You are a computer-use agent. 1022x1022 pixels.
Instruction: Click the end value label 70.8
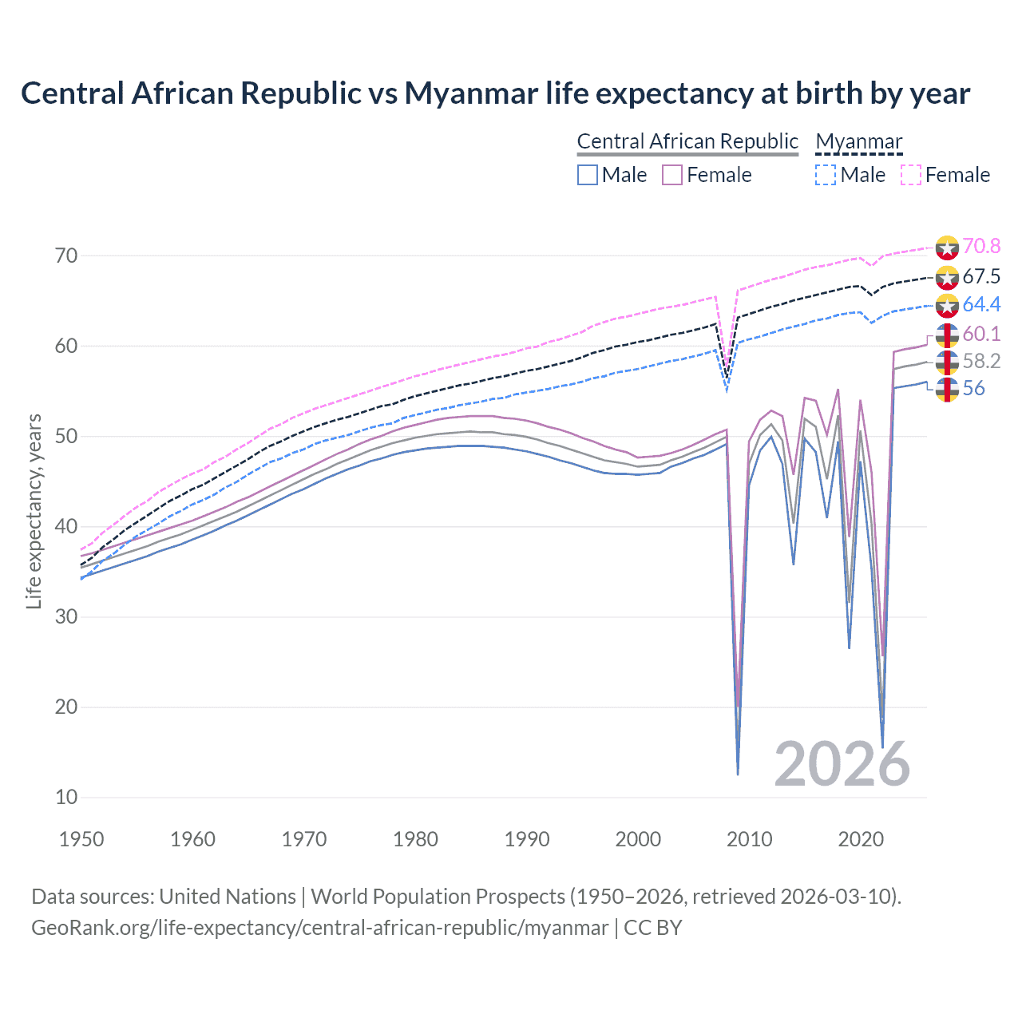pos(981,246)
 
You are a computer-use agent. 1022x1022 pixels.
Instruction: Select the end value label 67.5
pos(981,276)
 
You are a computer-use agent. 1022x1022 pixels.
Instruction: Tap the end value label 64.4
pos(981,304)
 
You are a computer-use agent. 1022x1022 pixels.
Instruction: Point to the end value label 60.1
pos(981,334)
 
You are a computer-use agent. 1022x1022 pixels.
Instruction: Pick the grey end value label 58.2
pos(981,361)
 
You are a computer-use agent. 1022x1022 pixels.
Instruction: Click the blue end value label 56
pos(973,389)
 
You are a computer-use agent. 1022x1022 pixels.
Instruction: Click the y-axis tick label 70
pos(66,255)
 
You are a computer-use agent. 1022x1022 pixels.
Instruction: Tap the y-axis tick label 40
pos(66,526)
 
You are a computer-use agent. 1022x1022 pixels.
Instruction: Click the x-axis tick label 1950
pos(81,839)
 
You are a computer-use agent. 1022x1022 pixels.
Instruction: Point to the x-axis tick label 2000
pos(638,839)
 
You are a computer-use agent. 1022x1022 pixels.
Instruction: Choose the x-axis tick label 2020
pos(861,839)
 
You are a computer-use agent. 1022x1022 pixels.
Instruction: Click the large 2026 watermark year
pos(842,764)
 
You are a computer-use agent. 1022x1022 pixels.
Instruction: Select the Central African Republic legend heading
pos(687,141)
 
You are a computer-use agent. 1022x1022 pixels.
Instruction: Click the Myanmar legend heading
pos(858,141)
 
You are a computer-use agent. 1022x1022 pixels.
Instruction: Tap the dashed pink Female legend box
pos(911,175)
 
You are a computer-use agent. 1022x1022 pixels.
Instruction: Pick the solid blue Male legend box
pos(588,175)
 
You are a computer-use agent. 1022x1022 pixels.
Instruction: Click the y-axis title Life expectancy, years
pos(34,511)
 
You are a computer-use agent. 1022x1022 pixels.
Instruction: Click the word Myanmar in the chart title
pos(471,93)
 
